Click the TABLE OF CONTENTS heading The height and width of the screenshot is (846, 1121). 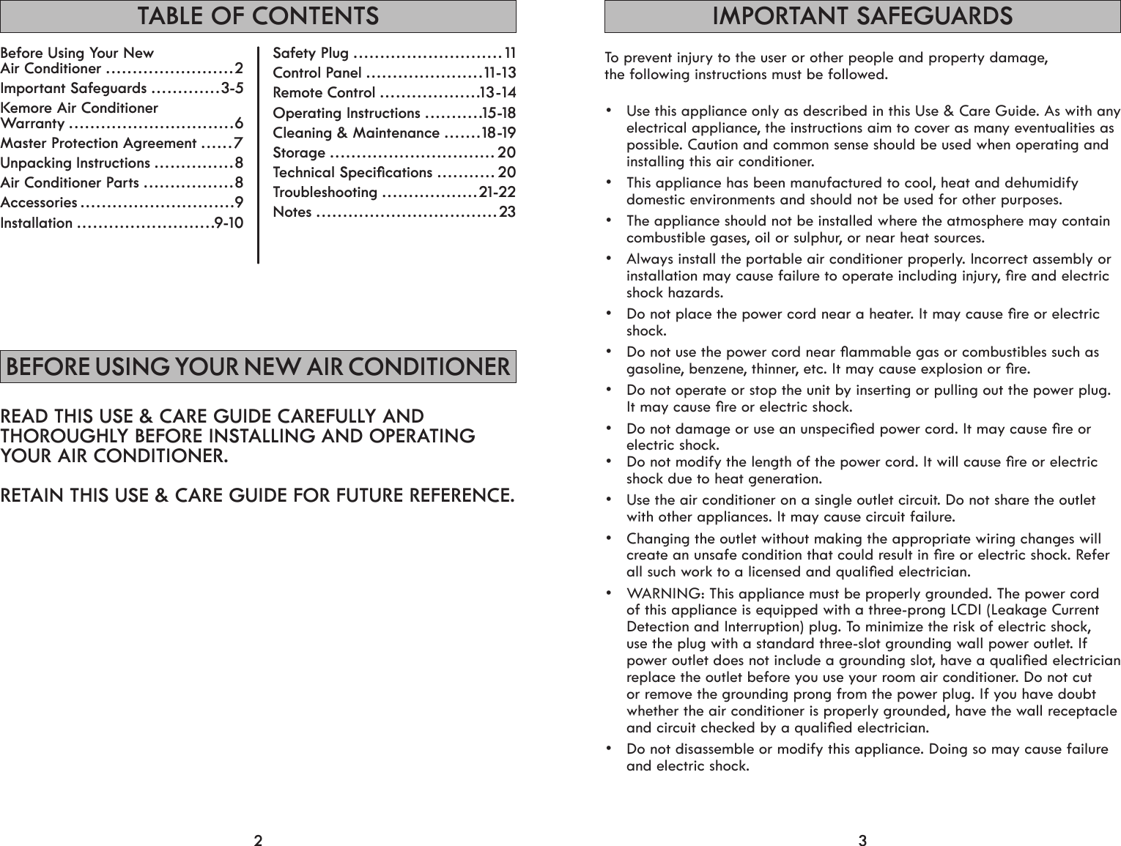pyautogui.click(x=258, y=15)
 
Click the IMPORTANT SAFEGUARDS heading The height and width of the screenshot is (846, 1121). pyautogui.click(x=862, y=15)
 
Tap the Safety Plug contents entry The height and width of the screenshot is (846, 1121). pyautogui.click(x=311, y=53)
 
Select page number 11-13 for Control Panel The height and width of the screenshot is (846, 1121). pyautogui.click(x=500, y=73)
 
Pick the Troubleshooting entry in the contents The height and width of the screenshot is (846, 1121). pyautogui.click(x=325, y=193)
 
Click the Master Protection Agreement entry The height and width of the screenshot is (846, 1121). pyautogui.click(x=99, y=144)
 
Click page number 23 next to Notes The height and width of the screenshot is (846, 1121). pyautogui.click(x=507, y=212)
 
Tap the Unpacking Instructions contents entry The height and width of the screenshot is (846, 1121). pyautogui.click(x=75, y=163)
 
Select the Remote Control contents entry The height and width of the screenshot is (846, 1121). pyautogui.click(x=324, y=93)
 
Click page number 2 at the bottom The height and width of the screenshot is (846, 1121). pyautogui.click(x=258, y=839)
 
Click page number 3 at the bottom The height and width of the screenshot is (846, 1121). pyautogui.click(x=862, y=839)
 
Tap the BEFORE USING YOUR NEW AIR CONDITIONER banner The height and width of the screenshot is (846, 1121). pyautogui.click(x=258, y=367)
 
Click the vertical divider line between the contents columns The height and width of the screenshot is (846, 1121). pyautogui.click(x=259, y=154)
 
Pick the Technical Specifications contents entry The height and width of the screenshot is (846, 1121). pyautogui.click(x=352, y=173)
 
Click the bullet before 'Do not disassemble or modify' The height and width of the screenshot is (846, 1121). pyautogui.click(x=609, y=749)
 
